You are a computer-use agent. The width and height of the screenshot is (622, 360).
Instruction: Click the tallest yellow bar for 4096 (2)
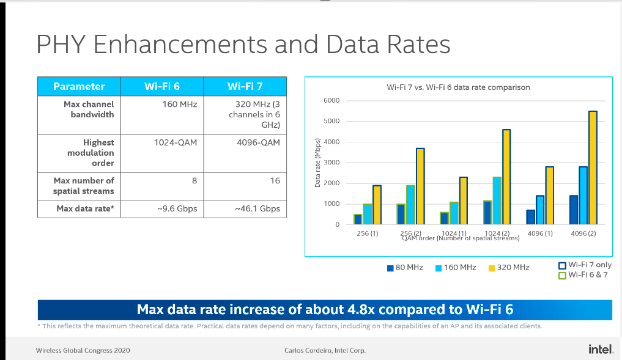click(x=593, y=167)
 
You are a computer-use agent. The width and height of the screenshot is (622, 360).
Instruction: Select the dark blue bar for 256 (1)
click(x=357, y=219)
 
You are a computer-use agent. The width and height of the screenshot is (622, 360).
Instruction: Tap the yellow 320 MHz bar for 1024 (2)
click(x=506, y=177)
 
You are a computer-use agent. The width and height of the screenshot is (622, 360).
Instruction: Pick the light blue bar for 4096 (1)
click(x=540, y=210)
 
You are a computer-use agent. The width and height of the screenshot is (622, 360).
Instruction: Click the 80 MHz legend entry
click(x=406, y=268)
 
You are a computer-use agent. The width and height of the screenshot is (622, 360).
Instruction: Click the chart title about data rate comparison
click(x=458, y=87)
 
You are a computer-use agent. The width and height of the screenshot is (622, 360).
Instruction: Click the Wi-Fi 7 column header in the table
click(x=245, y=86)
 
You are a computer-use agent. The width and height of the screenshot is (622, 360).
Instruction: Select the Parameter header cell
click(x=79, y=86)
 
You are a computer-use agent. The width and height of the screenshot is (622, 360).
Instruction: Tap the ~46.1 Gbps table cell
click(x=257, y=208)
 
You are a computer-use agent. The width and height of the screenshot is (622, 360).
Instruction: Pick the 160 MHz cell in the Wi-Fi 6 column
click(x=179, y=105)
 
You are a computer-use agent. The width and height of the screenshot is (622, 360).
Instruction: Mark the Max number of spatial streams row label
click(x=83, y=186)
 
